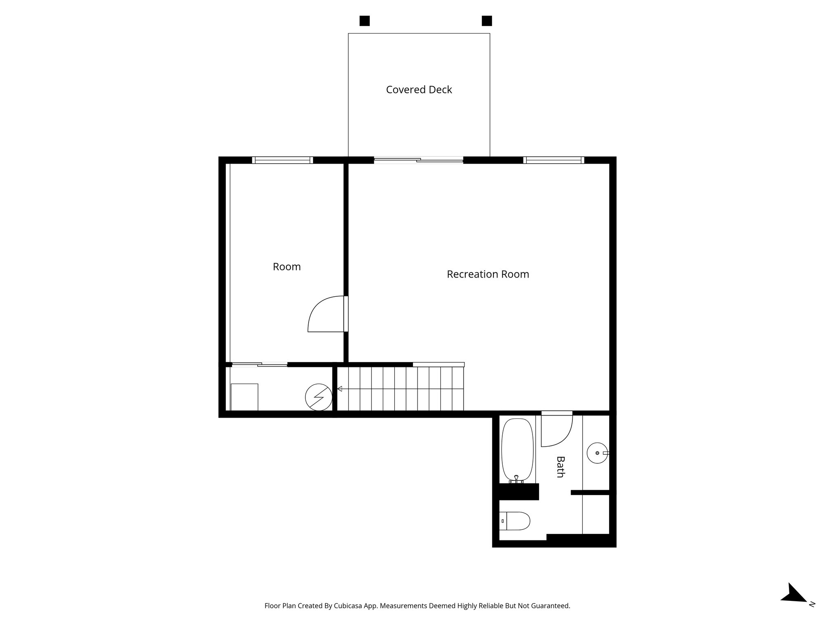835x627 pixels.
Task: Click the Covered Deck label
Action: [x=419, y=90]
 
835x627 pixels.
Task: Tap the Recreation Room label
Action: [x=488, y=274]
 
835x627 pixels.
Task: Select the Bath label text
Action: [x=560, y=467]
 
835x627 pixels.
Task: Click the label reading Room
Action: [x=287, y=267]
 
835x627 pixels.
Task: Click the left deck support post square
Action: [x=364, y=21]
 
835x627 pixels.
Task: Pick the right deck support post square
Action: [x=486, y=21]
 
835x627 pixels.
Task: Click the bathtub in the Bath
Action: [x=517, y=450]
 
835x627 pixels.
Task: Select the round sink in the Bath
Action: [x=597, y=453]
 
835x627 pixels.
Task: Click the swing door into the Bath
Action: [x=556, y=431]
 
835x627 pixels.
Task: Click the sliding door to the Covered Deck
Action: [x=419, y=160]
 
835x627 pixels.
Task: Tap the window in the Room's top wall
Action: [x=283, y=160]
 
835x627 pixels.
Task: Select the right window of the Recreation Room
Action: [x=553, y=160]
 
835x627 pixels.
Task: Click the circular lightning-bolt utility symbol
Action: [x=319, y=397]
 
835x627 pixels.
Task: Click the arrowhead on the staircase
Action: [x=340, y=389]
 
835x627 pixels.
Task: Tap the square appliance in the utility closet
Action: [x=244, y=397]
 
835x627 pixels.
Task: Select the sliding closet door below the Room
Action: [x=260, y=365]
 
